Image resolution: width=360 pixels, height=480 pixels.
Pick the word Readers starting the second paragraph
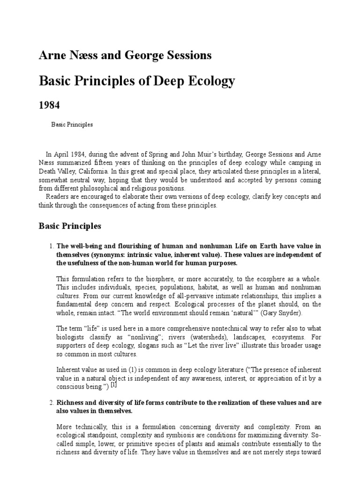tap(57, 197)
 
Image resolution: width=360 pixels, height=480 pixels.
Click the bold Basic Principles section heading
tap(69, 226)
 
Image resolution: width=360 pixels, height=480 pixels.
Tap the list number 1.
tap(50, 246)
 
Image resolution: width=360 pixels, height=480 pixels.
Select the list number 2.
tap(50, 403)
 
